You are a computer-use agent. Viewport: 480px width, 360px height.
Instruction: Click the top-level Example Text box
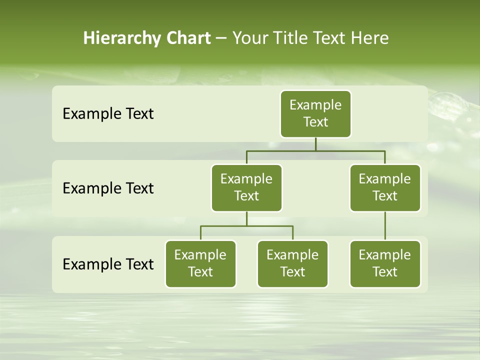(315, 113)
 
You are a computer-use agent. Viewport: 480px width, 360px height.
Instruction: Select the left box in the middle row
(246, 187)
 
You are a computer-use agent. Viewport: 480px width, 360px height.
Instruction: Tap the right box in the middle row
(385, 187)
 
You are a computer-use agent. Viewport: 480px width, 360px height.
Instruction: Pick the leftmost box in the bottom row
(200, 263)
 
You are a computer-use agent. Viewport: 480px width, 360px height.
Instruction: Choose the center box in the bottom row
(292, 263)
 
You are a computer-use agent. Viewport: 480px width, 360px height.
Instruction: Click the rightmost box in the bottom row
(385, 263)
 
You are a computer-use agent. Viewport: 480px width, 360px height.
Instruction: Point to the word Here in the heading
(369, 38)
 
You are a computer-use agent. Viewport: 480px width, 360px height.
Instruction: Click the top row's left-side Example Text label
(108, 114)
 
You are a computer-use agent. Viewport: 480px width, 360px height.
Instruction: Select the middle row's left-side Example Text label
(108, 188)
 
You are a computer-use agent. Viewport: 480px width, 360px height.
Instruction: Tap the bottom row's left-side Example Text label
(108, 264)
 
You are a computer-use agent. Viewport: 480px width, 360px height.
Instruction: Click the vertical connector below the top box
(315, 144)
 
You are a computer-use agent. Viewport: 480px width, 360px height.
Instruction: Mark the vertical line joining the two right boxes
(385, 226)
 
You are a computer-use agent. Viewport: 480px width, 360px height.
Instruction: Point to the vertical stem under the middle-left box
(246, 218)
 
